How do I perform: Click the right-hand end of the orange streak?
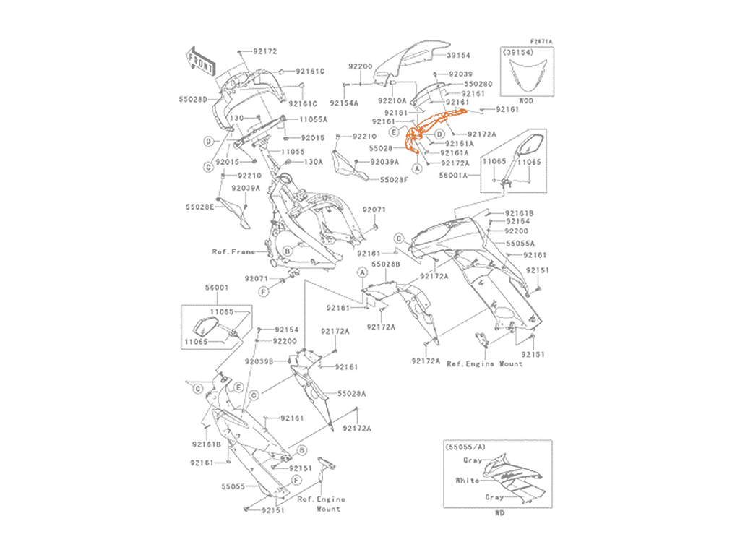tap(465, 113)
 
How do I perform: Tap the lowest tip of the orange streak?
tap(408, 157)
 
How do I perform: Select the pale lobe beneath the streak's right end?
tap(461, 121)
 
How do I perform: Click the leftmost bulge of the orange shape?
tap(403, 138)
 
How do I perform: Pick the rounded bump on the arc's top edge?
tap(436, 111)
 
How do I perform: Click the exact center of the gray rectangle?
tap(369, 277)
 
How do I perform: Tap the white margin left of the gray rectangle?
tap(87, 277)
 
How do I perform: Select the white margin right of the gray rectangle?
tap(650, 277)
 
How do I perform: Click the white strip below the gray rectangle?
tap(369, 538)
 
